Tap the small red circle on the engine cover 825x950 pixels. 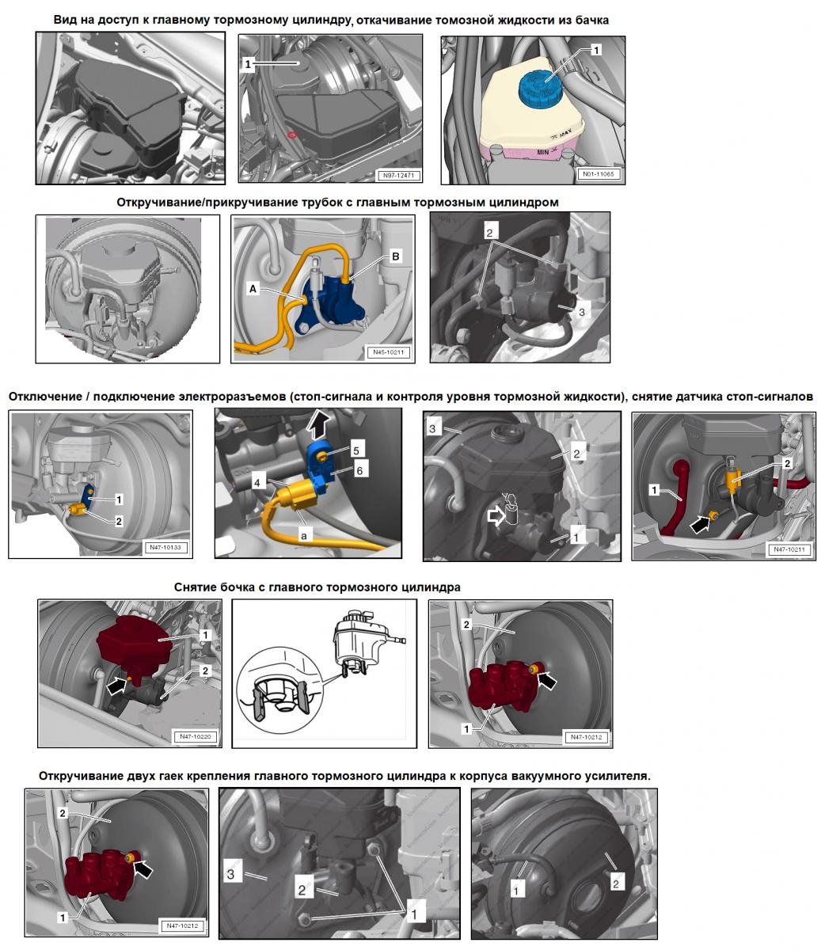pyautogui.click(x=292, y=135)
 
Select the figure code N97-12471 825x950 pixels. pyautogui.click(x=398, y=176)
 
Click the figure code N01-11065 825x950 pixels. pyautogui.click(x=599, y=174)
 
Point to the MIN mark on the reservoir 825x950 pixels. pyautogui.click(x=542, y=152)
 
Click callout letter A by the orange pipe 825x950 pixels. pyautogui.click(x=253, y=289)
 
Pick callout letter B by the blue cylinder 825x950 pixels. pyautogui.click(x=395, y=256)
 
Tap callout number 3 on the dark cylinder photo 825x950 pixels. pyautogui.click(x=581, y=312)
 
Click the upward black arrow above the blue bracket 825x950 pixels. pyautogui.click(x=319, y=424)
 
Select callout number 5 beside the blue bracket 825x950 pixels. pyautogui.click(x=356, y=450)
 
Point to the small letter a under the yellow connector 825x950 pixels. pyautogui.click(x=303, y=535)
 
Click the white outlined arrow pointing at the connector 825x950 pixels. pyautogui.click(x=496, y=516)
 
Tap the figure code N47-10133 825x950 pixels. pyautogui.click(x=165, y=547)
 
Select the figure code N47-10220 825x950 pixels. pyautogui.click(x=196, y=736)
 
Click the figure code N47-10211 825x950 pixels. pyautogui.click(x=789, y=549)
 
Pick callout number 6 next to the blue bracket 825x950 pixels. pyautogui.click(x=359, y=470)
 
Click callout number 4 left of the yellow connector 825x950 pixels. pyautogui.click(x=257, y=482)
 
